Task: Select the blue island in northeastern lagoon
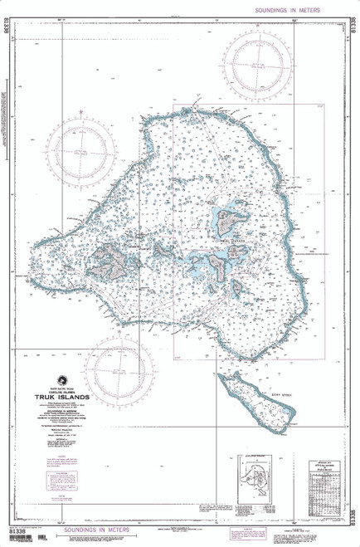click(229, 217)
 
